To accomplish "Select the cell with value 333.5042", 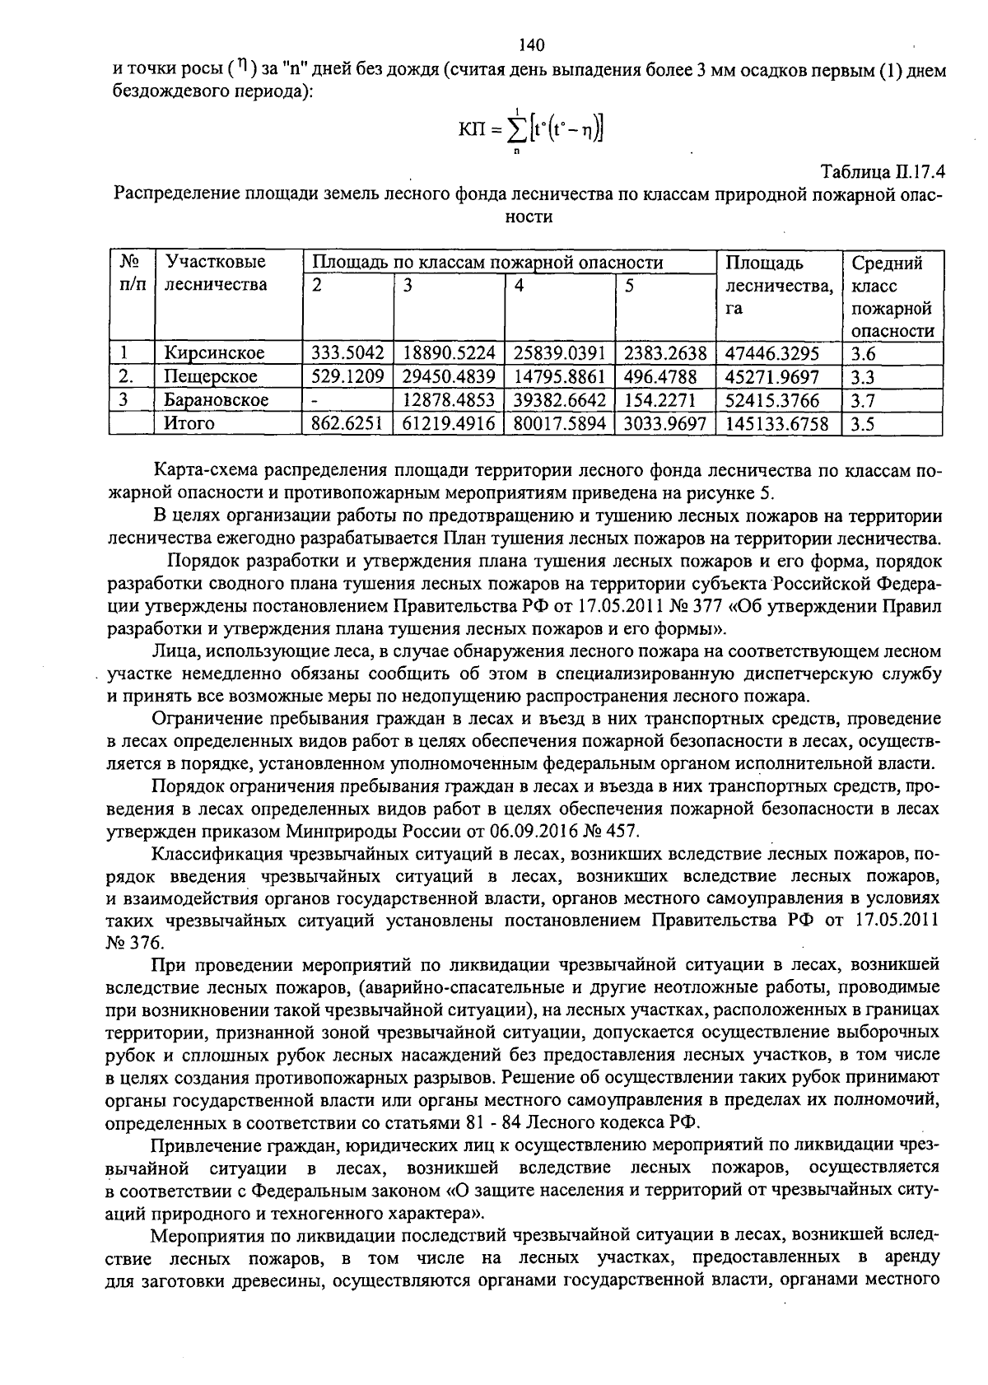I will pyautogui.click(x=347, y=353).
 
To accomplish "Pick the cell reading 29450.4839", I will pyautogui.click(x=449, y=377).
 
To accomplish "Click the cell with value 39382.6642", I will pyautogui.click(x=559, y=400).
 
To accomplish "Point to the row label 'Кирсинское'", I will pyautogui.click(x=214, y=353).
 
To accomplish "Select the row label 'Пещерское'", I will pyautogui.click(x=210, y=377).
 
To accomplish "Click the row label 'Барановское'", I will pyautogui.click(x=216, y=400).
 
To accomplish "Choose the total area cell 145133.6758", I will pyautogui.click(x=778, y=423).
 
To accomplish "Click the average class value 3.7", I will pyautogui.click(x=863, y=400).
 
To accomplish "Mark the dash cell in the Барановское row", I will pyautogui.click(x=315, y=400).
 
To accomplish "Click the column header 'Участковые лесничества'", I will pyautogui.click(x=216, y=273).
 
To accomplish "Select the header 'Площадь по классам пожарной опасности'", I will pyautogui.click(x=487, y=263).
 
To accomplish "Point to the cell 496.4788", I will pyautogui.click(x=660, y=377).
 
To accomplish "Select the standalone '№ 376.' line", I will pyautogui.click(x=135, y=942).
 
